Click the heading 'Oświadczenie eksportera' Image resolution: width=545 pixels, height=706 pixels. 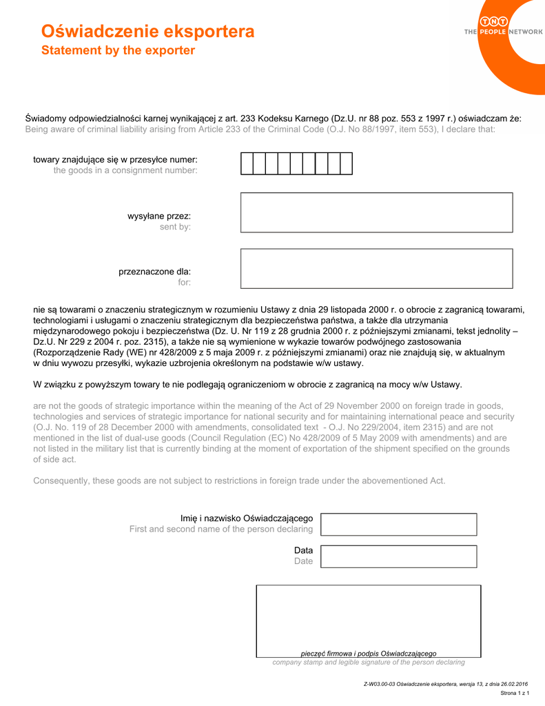pos(147,32)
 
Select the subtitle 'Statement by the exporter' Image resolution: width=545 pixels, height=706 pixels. pos(118,51)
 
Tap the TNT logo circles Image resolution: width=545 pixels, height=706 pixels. pos(494,22)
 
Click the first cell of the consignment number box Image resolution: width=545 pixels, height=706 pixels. pos(247,163)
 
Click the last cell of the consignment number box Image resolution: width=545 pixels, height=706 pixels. pos(346,163)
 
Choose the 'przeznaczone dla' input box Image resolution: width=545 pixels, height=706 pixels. pos(376,268)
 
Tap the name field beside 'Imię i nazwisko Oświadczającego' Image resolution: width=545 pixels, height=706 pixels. pos(399,524)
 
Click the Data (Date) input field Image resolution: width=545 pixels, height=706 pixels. pos(399,556)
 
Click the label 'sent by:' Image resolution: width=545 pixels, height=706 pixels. pos(175,227)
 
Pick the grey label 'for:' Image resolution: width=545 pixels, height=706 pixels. pos(184,283)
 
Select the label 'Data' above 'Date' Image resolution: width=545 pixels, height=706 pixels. pos(303,550)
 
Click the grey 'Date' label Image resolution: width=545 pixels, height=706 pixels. pos(303,561)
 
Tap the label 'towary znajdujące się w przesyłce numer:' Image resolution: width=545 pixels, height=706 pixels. pos(115,159)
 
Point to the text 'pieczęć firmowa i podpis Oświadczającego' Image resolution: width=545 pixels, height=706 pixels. pos(369,653)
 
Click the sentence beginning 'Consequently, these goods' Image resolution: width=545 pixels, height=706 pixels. pos(239,481)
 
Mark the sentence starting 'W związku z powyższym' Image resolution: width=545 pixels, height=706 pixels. pos(247,384)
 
